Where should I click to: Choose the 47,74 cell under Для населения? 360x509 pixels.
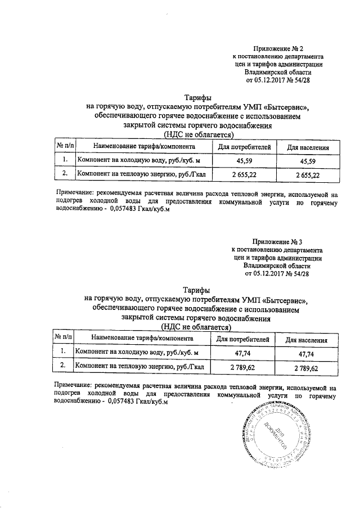(306, 353)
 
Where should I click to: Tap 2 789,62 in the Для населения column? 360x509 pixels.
(306, 368)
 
